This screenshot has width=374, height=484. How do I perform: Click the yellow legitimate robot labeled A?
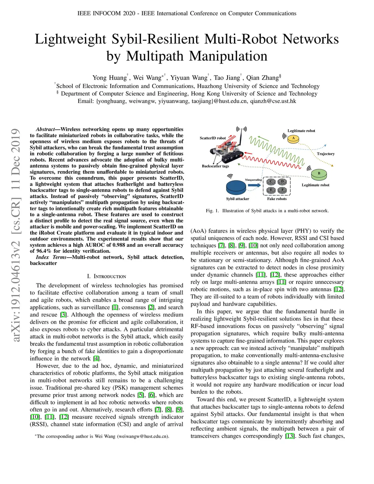point(293,139)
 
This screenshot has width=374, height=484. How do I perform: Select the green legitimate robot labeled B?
point(319,174)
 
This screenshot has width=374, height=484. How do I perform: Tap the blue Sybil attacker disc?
point(236,187)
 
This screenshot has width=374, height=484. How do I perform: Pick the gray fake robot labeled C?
point(271,182)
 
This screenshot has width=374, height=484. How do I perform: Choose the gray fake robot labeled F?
point(282,190)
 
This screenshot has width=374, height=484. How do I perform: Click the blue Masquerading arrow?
point(254,185)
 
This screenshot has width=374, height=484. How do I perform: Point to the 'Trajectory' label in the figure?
point(325,154)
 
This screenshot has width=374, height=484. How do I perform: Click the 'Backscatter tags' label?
point(215,166)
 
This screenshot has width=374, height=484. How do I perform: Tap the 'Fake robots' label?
point(277,199)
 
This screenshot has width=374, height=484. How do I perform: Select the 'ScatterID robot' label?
point(213,138)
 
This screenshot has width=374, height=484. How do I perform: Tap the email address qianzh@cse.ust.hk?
point(273,101)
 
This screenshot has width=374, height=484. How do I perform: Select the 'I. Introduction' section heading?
point(106,276)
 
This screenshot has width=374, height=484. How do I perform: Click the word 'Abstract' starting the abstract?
point(45,129)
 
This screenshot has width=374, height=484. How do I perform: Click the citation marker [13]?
point(290,436)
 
